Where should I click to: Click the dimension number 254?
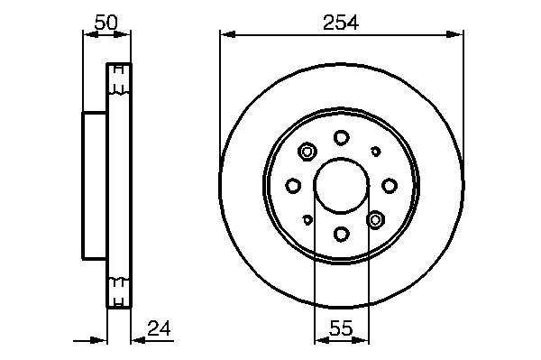coord(341,23)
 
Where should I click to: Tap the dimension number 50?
coord(105,22)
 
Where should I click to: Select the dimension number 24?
coord(159,328)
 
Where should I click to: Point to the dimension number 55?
coord(341,328)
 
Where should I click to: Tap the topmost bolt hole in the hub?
coord(341,138)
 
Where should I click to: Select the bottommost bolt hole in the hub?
coord(341,235)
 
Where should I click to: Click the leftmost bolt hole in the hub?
coord(293,186)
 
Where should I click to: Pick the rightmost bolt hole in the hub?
coord(390,186)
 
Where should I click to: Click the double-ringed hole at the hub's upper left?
coord(307,152)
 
